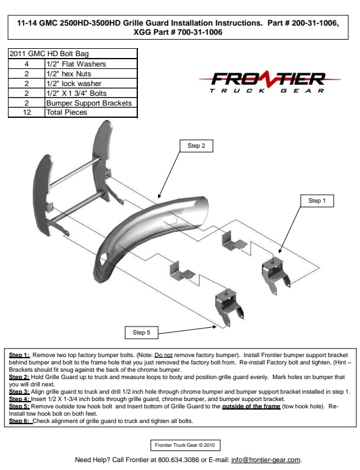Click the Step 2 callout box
point(196,146)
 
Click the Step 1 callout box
point(317,201)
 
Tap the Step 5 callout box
point(142,333)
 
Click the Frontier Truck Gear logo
point(269,82)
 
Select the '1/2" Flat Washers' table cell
point(91,64)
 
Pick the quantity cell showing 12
point(27,112)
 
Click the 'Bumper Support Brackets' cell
point(91,103)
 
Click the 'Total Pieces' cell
point(91,112)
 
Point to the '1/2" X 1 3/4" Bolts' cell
point(91,93)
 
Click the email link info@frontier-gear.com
point(266,460)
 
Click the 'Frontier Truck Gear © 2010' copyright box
point(185,445)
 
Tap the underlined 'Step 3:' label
point(19,392)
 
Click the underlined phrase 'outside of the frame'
point(251,407)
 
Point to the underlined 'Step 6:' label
point(20,421)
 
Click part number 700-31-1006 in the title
point(200,32)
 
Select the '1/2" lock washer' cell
point(91,84)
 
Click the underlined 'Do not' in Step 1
point(164,355)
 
